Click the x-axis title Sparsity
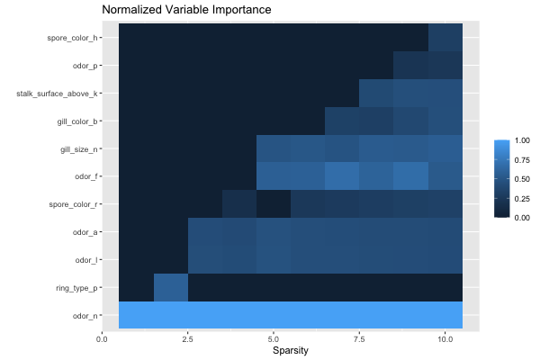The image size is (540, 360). tap(291, 350)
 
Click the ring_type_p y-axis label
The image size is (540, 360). tap(76, 288)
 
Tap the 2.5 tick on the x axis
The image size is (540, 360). tap(188, 337)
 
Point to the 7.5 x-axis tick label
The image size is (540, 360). tap(359, 337)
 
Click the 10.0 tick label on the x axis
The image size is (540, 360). tap(445, 337)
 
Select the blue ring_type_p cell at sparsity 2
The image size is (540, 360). tap(171, 288)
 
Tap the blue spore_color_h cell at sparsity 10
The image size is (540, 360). tap(445, 38)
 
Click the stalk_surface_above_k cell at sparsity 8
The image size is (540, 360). tap(377, 94)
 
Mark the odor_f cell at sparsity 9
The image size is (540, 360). tap(411, 177)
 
